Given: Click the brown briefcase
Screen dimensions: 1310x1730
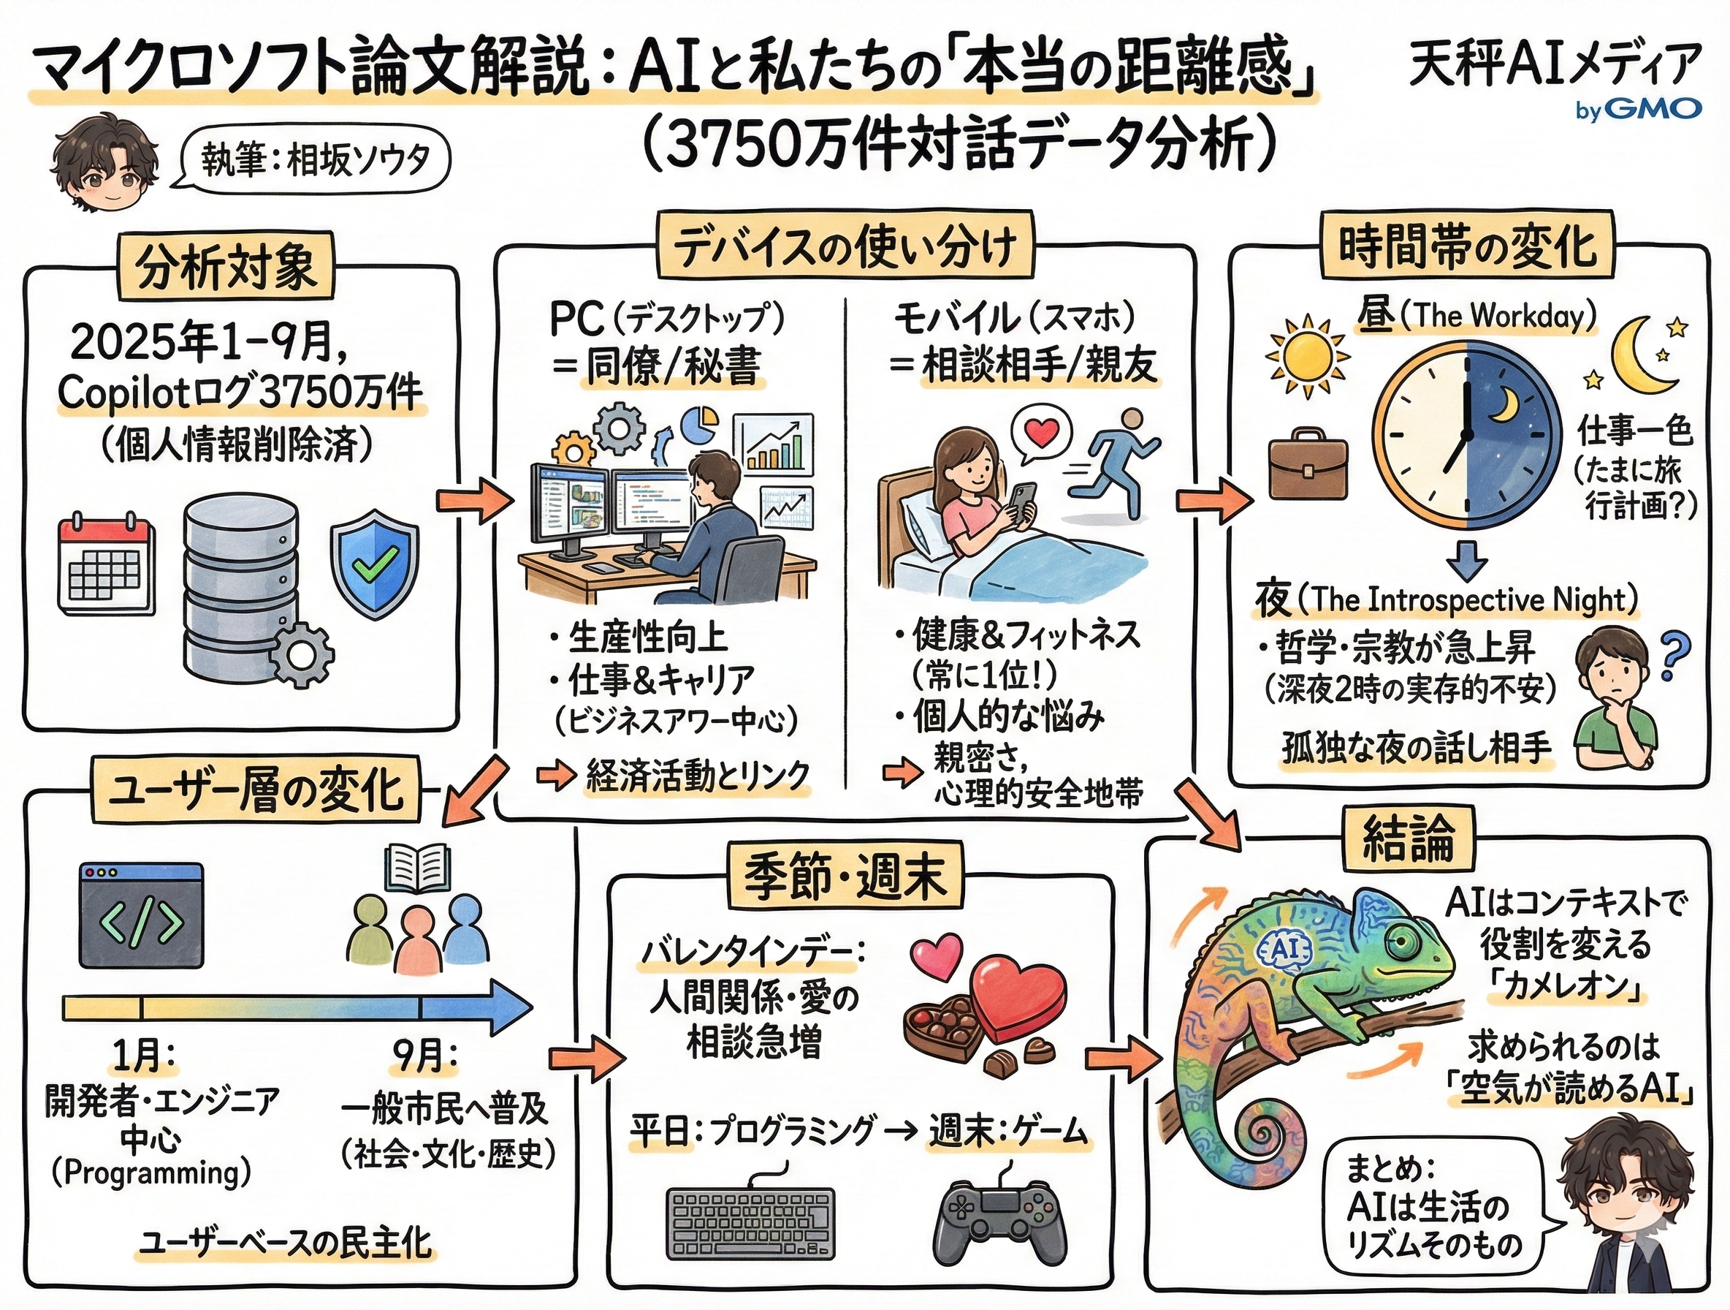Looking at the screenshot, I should [1308, 463].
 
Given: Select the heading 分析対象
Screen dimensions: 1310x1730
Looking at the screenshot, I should [226, 266].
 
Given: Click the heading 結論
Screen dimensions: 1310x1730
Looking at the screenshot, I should [1408, 837].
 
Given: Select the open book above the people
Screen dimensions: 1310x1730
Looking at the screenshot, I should [417, 868].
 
